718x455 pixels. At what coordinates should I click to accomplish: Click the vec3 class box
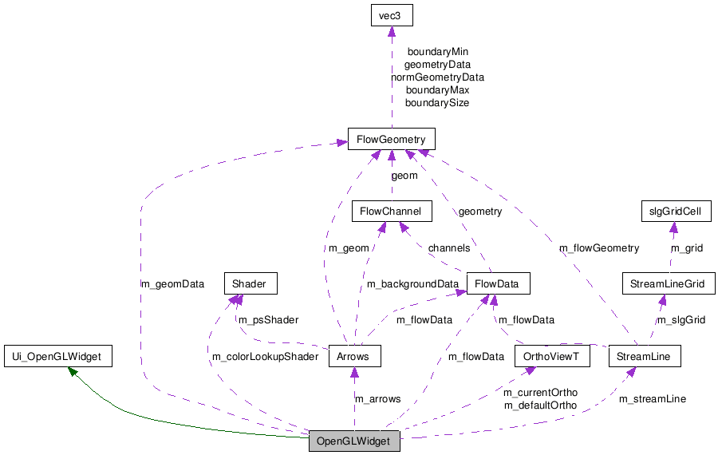[x=391, y=14]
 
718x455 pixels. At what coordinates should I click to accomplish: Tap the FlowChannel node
[x=392, y=211]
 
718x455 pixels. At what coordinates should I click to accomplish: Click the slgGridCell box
[x=675, y=211]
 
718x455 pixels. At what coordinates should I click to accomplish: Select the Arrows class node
[x=353, y=356]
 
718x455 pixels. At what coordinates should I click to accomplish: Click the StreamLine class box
[x=644, y=356]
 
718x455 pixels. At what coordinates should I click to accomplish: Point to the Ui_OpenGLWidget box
[x=57, y=356]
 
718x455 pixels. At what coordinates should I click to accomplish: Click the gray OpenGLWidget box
[x=354, y=441]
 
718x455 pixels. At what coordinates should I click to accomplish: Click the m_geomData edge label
[x=172, y=283]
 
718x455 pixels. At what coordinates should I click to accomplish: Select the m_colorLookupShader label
[x=265, y=356]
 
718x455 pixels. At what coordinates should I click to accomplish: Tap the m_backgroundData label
[x=412, y=283]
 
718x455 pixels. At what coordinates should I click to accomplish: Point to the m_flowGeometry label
[x=599, y=247]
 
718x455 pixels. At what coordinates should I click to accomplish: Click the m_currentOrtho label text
[x=540, y=393]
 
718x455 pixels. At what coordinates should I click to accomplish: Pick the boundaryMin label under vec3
[x=437, y=52]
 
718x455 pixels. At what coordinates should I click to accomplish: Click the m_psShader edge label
[x=269, y=320]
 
